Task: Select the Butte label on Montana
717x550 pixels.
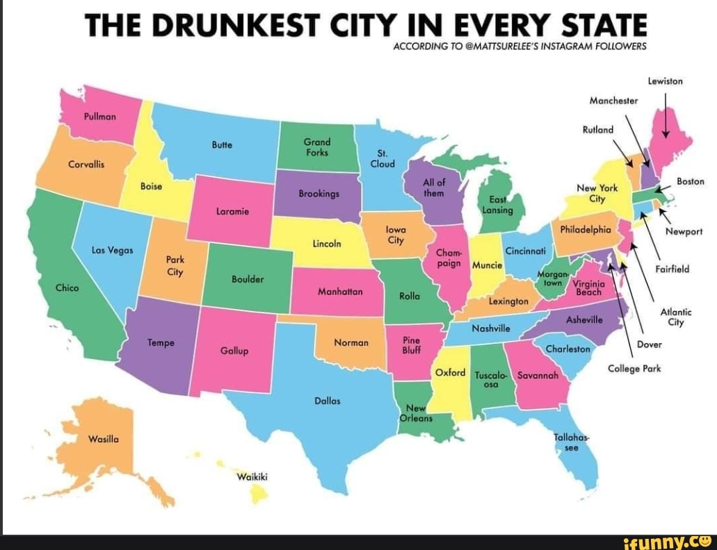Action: tap(222, 146)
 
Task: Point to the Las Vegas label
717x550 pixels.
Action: tap(108, 249)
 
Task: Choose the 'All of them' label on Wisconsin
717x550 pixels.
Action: tap(433, 187)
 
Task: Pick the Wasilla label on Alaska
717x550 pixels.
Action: tap(104, 439)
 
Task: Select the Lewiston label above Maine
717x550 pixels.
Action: tap(665, 81)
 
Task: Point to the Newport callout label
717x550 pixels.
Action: tap(684, 233)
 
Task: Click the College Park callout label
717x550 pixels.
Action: tap(633, 368)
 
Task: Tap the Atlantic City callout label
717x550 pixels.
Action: tap(675, 317)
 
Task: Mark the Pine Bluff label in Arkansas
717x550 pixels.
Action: tap(412, 346)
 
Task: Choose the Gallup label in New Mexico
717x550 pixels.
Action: tap(234, 351)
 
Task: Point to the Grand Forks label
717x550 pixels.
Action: tap(317, 147)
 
